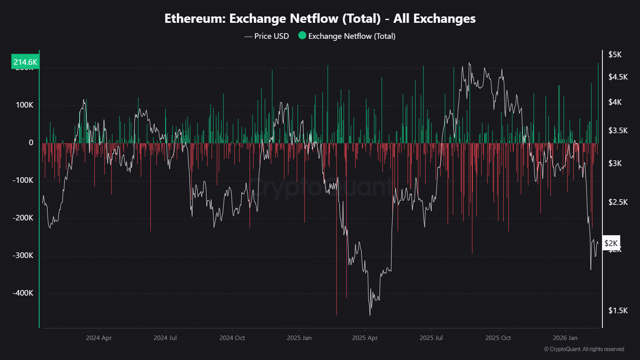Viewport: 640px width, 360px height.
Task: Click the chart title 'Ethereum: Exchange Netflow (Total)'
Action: click(x=320, y=18)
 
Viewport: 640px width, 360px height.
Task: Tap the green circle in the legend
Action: click(x=302, y=36)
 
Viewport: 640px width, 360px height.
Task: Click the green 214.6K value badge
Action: click(x=25, y=62)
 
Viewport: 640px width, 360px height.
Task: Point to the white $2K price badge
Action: click(x=611, y=243)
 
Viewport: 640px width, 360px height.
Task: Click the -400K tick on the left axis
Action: click(x=23, y=293)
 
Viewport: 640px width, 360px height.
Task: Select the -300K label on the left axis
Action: click(x=23, y=255)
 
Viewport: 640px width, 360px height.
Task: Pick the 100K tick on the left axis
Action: click(x=24, y=105)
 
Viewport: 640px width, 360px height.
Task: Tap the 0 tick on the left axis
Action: click(x=31, y=142)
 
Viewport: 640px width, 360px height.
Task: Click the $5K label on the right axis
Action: click(x=615, y=54)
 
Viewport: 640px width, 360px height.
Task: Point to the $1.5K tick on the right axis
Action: click(x=618, y=310)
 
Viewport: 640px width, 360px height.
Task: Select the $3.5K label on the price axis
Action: click(x=618, y=130)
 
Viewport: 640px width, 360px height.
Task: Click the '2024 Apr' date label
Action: click(x=99, y=338)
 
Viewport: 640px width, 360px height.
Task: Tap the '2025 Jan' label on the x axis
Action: click(x=299, y=338)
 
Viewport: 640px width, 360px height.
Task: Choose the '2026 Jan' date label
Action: click(x=565, y=338)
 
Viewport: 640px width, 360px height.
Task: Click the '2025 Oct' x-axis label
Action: click(x=498, y=338)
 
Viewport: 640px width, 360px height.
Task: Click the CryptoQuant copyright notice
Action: click(x=584, y=349)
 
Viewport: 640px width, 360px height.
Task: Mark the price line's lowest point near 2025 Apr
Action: click(x=370, y=315)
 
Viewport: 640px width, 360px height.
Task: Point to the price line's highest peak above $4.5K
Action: click(x=469, y=63)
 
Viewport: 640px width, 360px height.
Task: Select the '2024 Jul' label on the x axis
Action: click(x=165, y=338)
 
